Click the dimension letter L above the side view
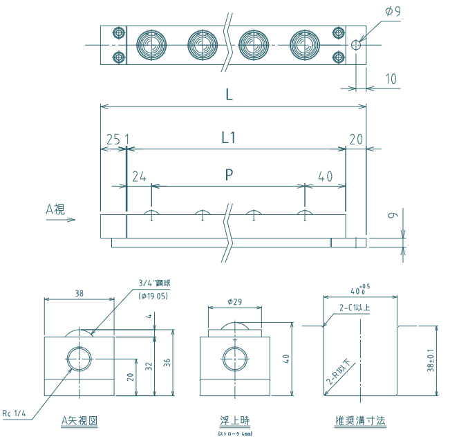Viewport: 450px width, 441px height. (x=229, y=95)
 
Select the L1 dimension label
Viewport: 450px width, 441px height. (x=229, y=138)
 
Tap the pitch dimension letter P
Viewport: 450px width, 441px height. (x=229, y=175)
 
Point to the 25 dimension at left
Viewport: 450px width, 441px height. (x=113, y=140)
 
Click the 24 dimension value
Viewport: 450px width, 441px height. (x=138, y=176)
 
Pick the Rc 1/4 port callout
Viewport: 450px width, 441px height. (x=15, y=413)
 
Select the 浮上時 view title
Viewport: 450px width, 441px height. (x=233, y=420)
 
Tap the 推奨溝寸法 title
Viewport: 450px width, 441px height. (x=360, y=420)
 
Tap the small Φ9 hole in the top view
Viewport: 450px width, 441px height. (x=355, y=45)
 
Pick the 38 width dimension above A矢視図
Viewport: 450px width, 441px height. (x=79, y=294)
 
